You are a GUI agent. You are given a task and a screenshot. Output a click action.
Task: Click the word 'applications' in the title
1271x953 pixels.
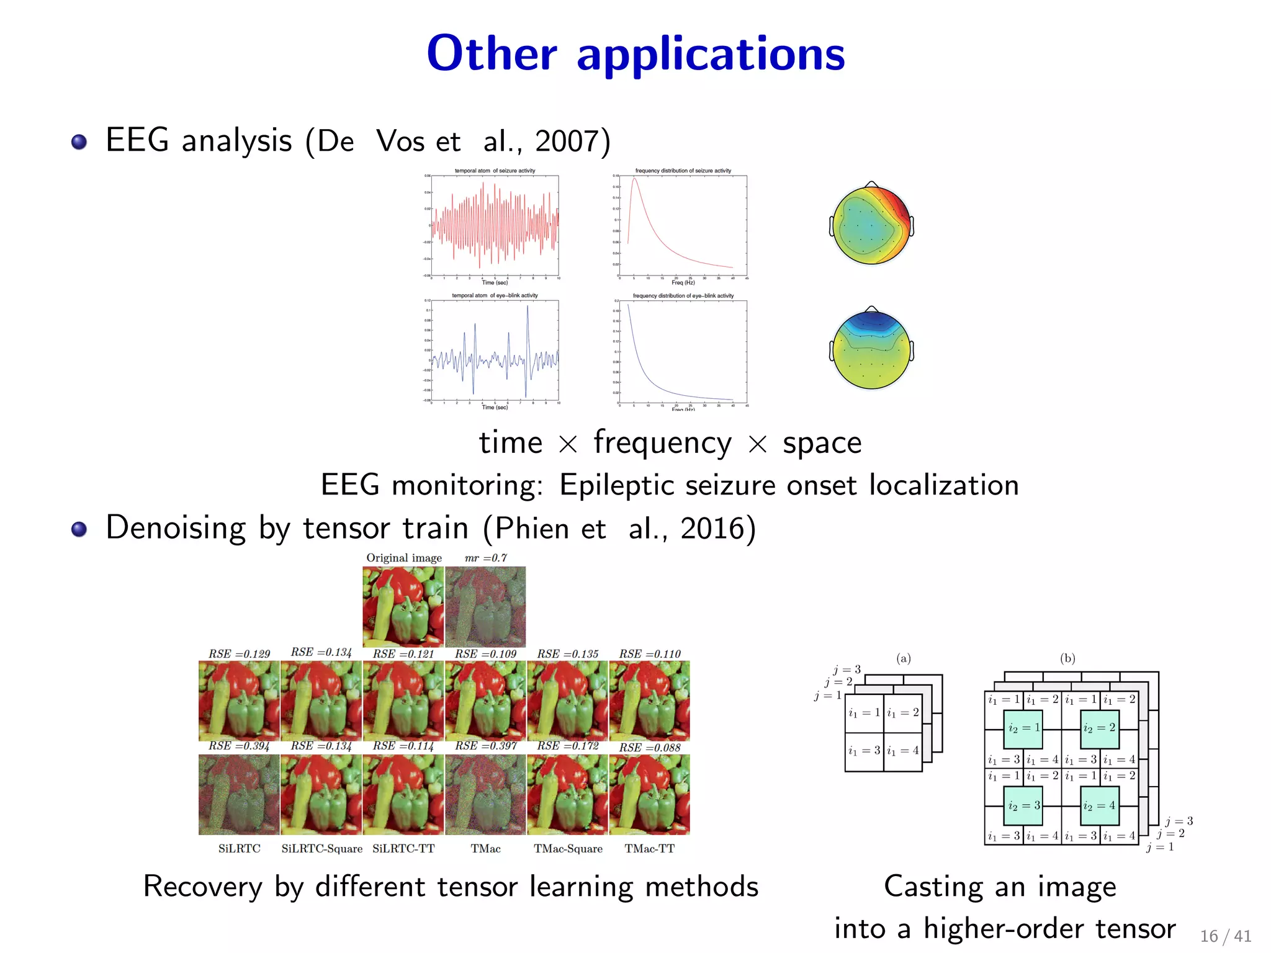tap(711, 55)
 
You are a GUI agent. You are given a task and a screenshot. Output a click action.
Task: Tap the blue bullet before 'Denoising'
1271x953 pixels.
tap(79, 529)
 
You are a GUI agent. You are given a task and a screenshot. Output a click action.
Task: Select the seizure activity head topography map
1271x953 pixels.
tap(871, 225)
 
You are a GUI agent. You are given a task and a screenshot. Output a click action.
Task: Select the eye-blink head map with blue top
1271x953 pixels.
tap(871, 349)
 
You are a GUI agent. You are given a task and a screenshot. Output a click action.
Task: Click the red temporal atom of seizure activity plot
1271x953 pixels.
tap(495, 226)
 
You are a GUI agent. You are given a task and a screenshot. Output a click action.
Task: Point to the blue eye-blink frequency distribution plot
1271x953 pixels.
tap(683, 351)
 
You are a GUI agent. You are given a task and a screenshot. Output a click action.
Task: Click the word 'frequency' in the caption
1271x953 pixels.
tap(662, 443)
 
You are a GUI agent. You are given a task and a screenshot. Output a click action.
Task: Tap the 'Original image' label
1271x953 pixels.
tap(404, 558)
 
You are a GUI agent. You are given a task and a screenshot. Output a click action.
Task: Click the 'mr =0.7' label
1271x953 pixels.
tap(486, 558)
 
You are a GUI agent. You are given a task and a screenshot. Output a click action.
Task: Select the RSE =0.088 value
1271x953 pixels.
tap(650, 748)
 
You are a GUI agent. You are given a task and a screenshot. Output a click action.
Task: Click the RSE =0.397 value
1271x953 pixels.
tap(486, 746)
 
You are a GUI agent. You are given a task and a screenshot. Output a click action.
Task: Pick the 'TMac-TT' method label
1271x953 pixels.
tap(649, 849)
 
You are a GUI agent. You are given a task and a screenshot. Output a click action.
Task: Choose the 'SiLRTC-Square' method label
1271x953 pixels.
tap(321, 849)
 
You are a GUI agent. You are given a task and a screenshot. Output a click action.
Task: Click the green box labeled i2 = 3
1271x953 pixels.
tap(1023, 805)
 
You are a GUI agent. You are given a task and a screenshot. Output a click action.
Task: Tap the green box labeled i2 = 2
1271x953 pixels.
tap(1099, 728)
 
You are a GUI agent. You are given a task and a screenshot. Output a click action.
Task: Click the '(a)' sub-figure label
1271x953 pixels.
tap(904, 658)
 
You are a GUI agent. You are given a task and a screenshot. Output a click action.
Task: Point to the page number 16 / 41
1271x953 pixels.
tap(1225, 936)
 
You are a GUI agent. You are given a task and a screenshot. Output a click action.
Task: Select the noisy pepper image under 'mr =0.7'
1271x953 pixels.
tap(485, 607)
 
